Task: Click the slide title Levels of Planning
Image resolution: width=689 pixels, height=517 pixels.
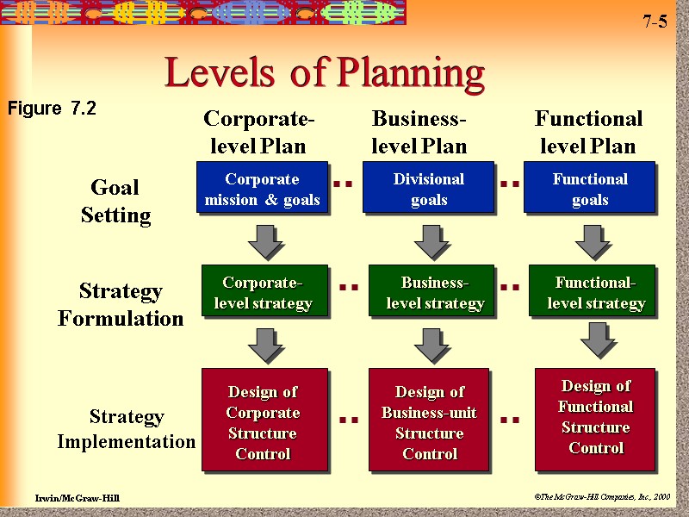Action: [x=325, y=73]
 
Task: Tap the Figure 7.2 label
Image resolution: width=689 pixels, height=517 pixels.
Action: [x=52, y=109]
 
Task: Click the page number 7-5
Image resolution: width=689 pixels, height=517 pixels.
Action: [x=655, y=22]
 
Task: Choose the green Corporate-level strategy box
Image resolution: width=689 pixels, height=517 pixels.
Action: [x=264, y=291]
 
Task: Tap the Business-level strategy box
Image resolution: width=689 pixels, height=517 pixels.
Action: [x=431, y=291]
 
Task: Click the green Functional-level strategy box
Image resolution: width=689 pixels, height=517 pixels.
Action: [x=592, y=291]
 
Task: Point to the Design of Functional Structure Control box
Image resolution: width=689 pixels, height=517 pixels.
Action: [x=595, y=418]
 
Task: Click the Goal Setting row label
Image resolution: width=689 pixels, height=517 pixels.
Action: [x=115, y=201]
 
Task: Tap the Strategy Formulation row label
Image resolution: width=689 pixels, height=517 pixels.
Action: [x=121, y=304]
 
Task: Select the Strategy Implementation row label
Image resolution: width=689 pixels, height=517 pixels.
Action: [x=127, y=429]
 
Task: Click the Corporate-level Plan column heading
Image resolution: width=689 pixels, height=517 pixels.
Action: [x=258, y=132]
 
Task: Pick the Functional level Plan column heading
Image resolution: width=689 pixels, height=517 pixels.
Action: [x=588, y=132]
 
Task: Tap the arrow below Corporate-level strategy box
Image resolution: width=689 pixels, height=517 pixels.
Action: [x=265, y=346]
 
